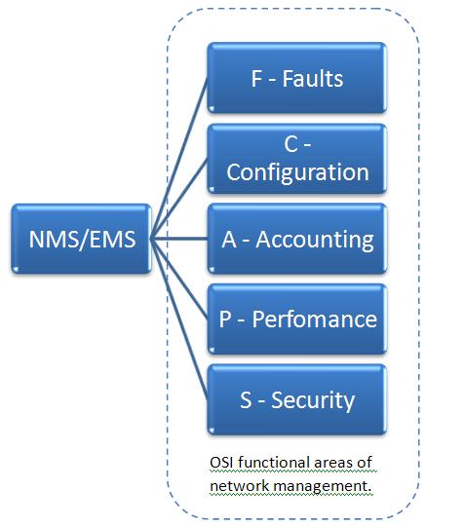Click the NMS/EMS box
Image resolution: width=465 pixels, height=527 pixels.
click(x=81, y=239)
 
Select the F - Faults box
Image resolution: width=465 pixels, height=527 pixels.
click(x=296, y=79)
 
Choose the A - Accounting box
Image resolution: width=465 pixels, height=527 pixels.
click(x=296, y=239)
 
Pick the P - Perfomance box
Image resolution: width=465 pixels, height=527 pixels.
click(x=296, y=319)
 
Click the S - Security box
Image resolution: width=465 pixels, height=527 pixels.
click(x=296, y=398)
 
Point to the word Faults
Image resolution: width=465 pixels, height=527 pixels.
click(x=312, y=79)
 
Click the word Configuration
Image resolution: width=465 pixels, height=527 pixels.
click(x=297, y=173)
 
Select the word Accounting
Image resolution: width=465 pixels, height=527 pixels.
click(x=314, y=239)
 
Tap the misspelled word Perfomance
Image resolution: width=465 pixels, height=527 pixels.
click(x=314, y=319)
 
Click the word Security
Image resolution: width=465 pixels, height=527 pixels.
click(x=312, y=398)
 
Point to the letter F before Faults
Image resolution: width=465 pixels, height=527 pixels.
click(x=257, y=79)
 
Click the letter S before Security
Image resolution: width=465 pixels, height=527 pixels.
click(x=246, y=398)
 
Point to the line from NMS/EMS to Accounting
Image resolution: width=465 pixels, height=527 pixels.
click(x=179, y=239)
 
